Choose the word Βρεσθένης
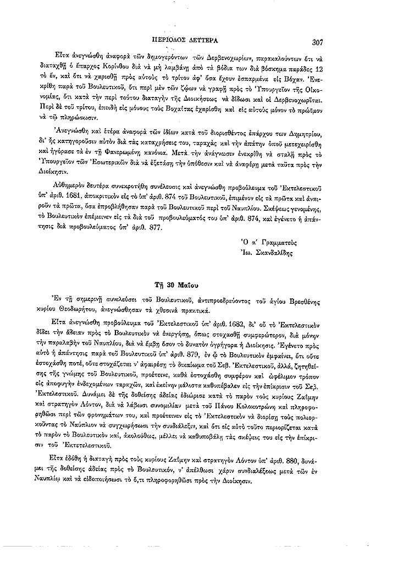tap(306, 301)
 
